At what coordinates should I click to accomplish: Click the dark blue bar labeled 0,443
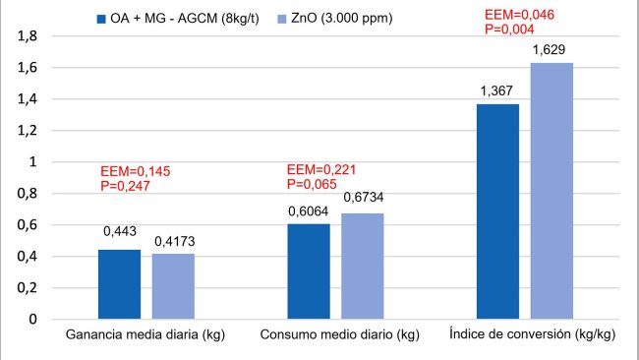119,284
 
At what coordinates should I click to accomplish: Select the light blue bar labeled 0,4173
173,286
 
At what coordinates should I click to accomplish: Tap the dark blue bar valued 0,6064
309,271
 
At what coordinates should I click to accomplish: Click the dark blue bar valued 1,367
497,211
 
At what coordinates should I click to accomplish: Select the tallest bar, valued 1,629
551,191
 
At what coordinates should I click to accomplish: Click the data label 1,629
551,49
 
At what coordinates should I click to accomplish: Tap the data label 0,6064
309,211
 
